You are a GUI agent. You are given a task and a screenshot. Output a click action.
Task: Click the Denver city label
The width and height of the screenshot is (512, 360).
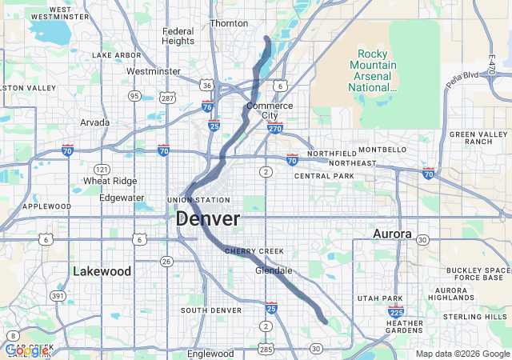pos(207,218)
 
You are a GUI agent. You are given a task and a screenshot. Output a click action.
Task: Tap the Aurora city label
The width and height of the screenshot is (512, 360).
pos(392,234)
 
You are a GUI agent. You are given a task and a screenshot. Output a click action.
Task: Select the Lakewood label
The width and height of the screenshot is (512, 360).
pos(102,271)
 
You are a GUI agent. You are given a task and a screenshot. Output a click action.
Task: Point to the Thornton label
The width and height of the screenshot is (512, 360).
pos(229,23)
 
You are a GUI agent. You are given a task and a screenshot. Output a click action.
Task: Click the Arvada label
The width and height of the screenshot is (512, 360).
pos(95,122)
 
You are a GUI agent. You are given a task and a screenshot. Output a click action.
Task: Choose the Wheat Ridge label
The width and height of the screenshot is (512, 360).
pos(110,181)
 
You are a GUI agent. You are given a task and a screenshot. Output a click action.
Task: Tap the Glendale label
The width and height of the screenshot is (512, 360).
pos(274,270)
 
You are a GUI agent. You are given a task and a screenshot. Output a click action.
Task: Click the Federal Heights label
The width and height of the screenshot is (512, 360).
pos(178,36)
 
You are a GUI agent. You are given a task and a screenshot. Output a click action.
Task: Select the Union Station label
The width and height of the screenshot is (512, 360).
pos(198,200)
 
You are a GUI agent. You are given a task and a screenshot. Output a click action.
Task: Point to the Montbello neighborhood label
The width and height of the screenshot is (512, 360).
pos(382,150)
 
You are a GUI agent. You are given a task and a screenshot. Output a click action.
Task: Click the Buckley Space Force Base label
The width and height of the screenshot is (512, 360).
pos(478,274)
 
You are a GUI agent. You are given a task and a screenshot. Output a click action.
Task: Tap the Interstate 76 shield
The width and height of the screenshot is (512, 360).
pos(207,106)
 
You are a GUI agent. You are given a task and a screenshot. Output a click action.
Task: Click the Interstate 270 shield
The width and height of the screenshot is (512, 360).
pos(275,127)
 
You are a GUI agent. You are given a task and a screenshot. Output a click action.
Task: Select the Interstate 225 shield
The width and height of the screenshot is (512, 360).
pos(395,312)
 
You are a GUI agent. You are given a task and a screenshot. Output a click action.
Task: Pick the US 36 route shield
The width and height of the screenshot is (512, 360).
pos(206,85)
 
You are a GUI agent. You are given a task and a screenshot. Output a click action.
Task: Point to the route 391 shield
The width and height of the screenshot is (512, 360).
pos(58,295)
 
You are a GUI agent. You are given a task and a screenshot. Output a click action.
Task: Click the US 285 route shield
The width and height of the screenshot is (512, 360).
pos(265,349)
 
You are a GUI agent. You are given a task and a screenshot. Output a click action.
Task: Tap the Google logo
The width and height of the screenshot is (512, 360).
pos(26,350)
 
